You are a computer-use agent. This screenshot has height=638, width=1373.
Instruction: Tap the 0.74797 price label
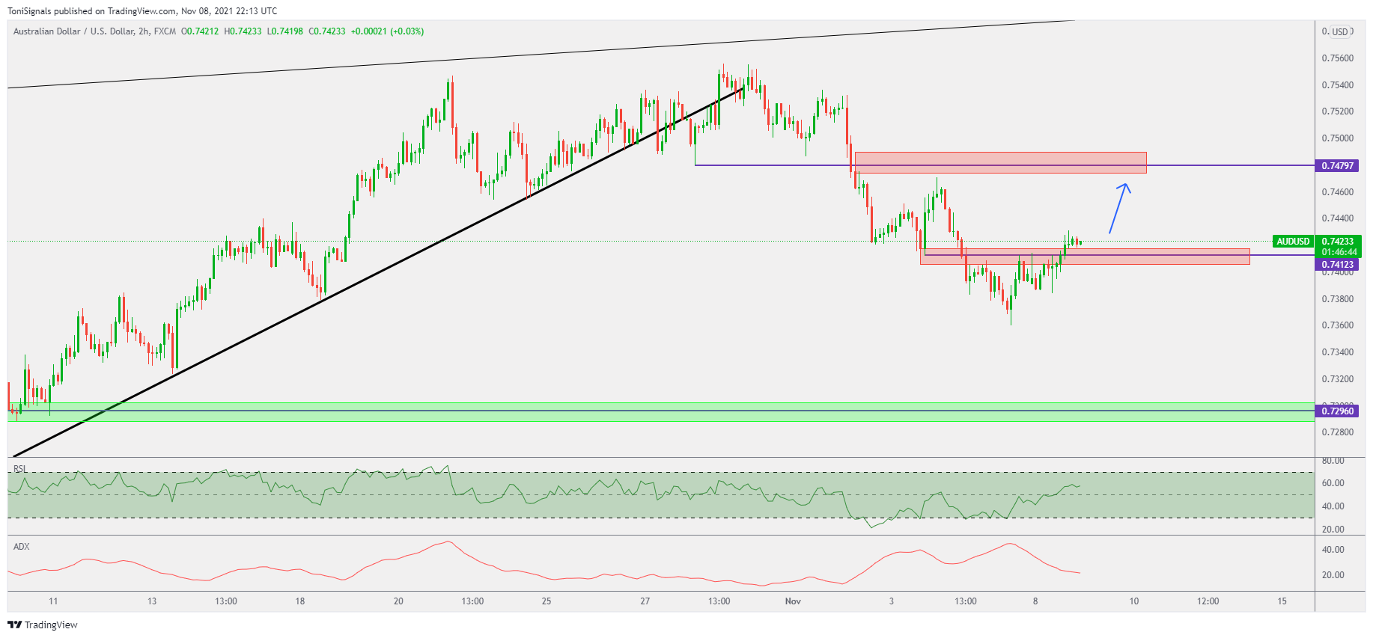1337,165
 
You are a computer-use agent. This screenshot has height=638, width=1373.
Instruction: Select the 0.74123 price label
1337,265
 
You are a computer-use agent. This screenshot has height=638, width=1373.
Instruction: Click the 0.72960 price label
1337,411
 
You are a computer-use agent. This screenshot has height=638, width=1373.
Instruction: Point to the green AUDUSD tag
1293,242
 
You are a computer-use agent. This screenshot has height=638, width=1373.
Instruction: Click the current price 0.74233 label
1338,242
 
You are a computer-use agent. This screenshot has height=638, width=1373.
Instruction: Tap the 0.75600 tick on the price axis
1337,58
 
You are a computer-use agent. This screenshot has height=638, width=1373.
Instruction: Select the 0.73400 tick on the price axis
1337,352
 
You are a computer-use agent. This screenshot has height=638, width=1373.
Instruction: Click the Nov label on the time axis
793,601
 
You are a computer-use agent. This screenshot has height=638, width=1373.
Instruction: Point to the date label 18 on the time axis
300,601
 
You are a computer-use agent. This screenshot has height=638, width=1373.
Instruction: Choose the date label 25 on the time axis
547,601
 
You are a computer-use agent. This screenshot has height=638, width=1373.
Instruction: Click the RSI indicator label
20,470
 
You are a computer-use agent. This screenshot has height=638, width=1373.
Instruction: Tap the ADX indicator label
22,547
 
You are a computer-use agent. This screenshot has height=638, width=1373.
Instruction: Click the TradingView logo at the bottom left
43,625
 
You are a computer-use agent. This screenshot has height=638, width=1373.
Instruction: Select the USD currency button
1339,32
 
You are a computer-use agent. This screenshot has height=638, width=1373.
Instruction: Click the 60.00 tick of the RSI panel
1333,483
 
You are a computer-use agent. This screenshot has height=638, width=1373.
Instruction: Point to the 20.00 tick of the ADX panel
1333,575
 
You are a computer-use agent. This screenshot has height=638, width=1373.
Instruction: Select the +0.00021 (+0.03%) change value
387,31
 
